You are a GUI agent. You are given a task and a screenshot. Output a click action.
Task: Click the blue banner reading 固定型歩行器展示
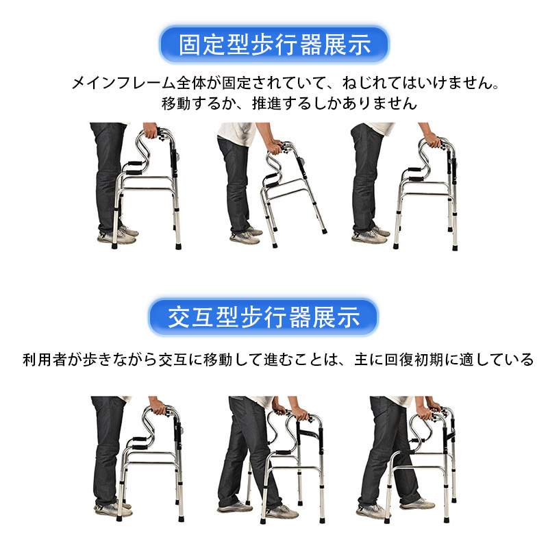click(x=274, y=45)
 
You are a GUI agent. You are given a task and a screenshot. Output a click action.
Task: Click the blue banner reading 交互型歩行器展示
click(x=264, y=317)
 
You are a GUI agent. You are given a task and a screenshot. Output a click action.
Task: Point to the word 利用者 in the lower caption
click(x=45, y=360)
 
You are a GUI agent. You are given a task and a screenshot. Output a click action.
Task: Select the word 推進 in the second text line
click(x=266, y=103)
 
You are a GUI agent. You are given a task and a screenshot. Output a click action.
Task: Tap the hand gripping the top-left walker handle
click(x=150, y=130)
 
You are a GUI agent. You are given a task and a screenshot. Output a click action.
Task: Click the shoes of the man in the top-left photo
click(x=118, y=235)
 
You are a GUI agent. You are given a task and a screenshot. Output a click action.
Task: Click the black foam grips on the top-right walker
click(x=414, y=175)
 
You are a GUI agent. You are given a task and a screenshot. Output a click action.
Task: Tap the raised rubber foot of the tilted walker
click(x=324, y=231)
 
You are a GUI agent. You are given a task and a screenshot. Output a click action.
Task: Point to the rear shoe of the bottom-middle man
click(x=234, y=506)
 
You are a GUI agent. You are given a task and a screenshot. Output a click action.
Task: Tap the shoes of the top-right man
click(x=371, y=235)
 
